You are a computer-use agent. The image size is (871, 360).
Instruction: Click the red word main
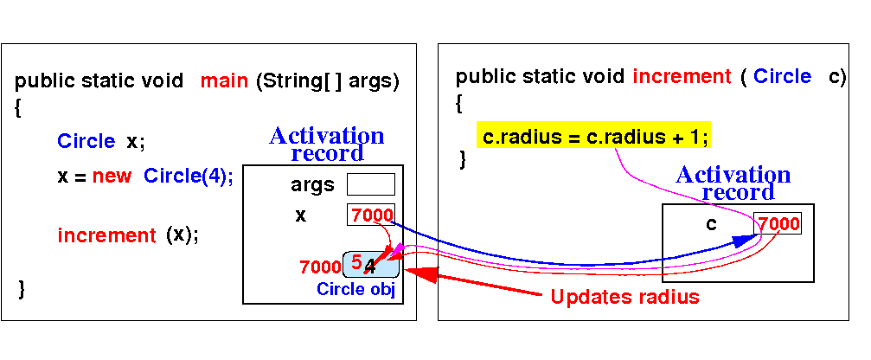[224, 81]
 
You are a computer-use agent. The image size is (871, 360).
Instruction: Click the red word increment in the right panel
[682, 76]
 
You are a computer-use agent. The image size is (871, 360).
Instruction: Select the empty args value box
[371, 184]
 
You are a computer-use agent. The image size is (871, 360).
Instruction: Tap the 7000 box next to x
[371, 215]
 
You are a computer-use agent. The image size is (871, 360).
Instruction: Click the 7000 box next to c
[778, 223]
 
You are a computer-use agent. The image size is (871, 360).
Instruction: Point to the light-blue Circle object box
[371, 265]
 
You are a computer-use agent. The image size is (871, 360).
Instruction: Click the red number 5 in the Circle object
[356, 260]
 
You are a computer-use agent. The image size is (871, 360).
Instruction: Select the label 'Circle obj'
[355, 289]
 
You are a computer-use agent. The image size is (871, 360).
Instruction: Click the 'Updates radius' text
[624, 297]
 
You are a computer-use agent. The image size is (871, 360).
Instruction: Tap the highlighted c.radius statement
[593, 137]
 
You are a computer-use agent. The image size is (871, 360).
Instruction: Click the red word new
[112, 177]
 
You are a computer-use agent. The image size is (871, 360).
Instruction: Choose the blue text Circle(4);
[189, 177]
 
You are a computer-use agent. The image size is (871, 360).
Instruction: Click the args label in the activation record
[313, 185]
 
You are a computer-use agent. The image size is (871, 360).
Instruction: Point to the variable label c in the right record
[711, 224]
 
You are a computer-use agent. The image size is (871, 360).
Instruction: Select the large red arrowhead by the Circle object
[421, 274]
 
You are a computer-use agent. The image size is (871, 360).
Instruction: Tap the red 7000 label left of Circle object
[320, 267]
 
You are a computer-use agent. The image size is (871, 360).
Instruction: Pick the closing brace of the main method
[21, 289]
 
